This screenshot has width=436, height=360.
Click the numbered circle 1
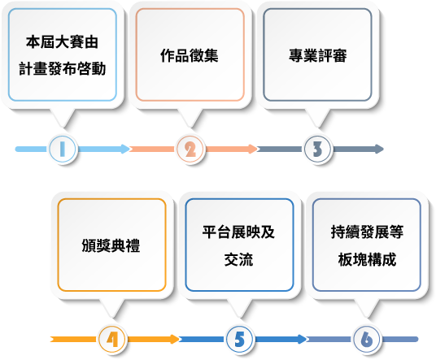63,149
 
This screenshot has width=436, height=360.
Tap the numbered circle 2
190,150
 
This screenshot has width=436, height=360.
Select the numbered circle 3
317,150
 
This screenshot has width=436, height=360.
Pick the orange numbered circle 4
112,339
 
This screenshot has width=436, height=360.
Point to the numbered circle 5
239,339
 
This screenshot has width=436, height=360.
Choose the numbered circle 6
367,339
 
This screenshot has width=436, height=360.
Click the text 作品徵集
190,55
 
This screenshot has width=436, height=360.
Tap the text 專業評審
317,55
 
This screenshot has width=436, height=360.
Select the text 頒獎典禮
111,245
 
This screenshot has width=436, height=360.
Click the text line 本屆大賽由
63,42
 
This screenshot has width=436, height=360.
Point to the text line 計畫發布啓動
63,68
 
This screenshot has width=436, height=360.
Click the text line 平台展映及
238,232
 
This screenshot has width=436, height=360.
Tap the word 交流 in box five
238,259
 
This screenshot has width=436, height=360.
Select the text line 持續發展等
367,232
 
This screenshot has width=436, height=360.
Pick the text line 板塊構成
367,259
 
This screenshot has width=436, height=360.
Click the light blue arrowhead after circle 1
126,150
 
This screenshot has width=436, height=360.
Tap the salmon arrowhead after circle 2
254,150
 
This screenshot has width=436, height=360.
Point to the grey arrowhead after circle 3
380,150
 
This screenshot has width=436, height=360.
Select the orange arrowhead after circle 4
176,339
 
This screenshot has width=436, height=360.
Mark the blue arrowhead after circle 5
303,339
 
